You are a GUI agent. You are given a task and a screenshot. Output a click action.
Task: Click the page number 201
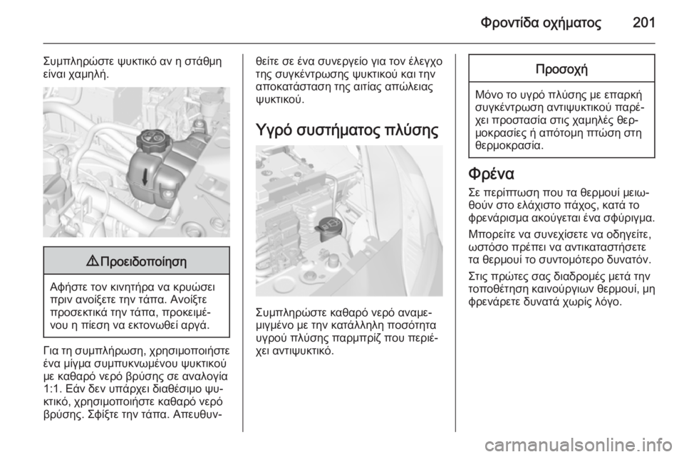coord(643,23)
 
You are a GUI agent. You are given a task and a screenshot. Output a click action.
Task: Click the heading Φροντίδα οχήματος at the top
coord(541,23)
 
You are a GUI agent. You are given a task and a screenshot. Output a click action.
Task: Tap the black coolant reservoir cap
coord(150,139)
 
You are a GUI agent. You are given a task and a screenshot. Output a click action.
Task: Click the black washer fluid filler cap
coord(329,227)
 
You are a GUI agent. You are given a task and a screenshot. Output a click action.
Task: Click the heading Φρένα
coord(491,174)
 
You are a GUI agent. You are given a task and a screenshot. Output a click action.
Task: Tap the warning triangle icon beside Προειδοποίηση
coord(93,261)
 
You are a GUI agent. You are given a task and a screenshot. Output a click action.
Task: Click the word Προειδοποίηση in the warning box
coord(143,262)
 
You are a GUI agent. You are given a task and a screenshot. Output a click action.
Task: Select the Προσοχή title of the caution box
coord(561,69)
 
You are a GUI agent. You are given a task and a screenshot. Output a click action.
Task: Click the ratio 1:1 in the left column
coord(50,388)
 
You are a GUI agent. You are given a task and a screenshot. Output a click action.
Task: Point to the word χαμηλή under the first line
coord(88,75)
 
